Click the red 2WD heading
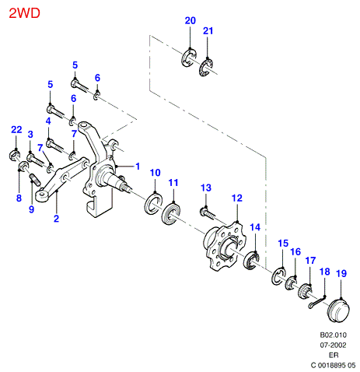tap(24, 13)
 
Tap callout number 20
tap(190, 20)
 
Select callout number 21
tap(208, 31)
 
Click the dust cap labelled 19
tap(338, 311)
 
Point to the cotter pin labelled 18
tap(316, 303)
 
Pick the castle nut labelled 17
tap(306, 290)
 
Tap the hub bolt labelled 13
tap(208, 212)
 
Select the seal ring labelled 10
tap(154, 203)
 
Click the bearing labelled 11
tap(171, 212)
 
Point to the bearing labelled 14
tap(251, 261)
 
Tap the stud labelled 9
tap(35, 180)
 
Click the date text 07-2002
tap(333, 346)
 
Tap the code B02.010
tap(334, 335)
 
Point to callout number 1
tap(138, 167)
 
